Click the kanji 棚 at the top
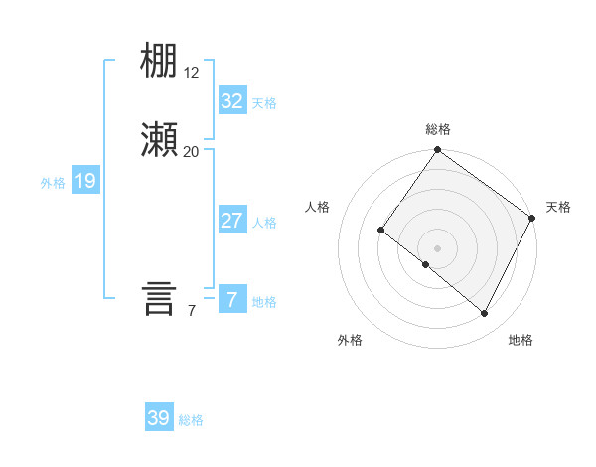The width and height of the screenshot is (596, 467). pyautogui.click(x=160, y=63)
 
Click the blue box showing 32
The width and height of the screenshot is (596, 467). pyautogui.click(x=231, y=101)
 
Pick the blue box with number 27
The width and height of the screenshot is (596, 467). pyautogui.click(x=231, y=221)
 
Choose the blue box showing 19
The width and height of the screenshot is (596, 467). pyautogui.click(x=84, y=181)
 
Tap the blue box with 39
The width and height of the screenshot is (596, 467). pyautogui.click(x=158, y=418)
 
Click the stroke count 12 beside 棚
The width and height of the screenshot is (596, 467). pyautogui.click(x=192, y=73)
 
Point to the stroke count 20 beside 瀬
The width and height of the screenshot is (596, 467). pyautogui.click(x=191, y=151)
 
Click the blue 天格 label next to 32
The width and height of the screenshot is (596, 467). pyautogui.click(x=264, y=103)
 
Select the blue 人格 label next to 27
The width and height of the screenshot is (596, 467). pyautogui.click(x=264, y=223)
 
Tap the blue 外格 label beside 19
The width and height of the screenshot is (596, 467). pyautogui.click(x=53, y=183)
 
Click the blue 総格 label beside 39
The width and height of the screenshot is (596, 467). pyautogui.click(x=191, y=420)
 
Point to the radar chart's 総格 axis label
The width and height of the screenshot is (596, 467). pyautogui.click(x=438, y=129)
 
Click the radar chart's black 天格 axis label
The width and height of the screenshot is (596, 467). pyautogui.click(x=558, y=207)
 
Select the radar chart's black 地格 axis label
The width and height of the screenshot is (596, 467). pyautogui.click(x=521, y=341)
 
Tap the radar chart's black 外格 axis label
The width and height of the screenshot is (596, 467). pyautogui.click(x=350, y=341)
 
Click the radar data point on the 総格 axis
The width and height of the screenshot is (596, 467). pyautogui.click(x=437, y=151)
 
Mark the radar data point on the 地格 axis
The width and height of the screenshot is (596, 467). pyautogui.click(x=485, y=314)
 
